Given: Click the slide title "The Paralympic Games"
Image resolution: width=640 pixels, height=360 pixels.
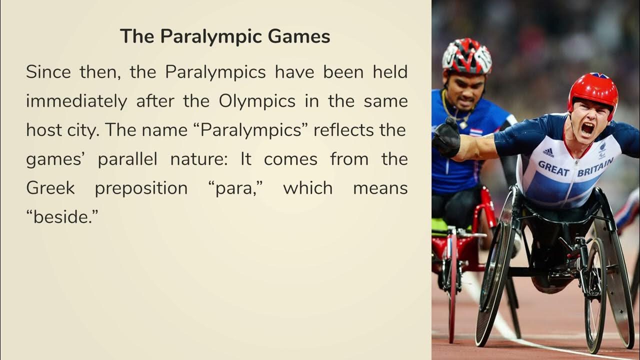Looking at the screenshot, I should [224, 36].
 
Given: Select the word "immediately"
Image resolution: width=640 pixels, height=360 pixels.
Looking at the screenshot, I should [76, 101].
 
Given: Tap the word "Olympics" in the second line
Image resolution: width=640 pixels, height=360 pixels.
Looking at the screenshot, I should [257, 101].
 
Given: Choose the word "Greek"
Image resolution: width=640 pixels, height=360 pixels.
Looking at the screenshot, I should [50, 188].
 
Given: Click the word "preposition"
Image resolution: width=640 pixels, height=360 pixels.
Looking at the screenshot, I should [141, 189].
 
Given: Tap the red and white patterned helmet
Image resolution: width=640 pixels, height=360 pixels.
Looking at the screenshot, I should [466, 55].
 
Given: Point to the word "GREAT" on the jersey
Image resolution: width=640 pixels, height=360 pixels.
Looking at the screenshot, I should [553, 168].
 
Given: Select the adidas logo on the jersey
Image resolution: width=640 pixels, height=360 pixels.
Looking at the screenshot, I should [548, 152].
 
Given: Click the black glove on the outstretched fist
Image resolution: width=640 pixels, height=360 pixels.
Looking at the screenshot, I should [446, 138].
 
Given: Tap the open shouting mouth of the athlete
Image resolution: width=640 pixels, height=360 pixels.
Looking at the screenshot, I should [587, 128].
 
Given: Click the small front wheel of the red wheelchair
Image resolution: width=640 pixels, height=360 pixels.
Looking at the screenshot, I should [453, 280].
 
